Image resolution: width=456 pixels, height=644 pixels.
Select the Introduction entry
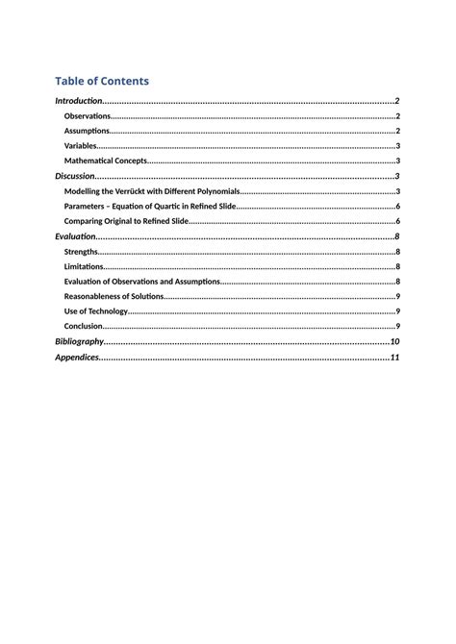point(78,101)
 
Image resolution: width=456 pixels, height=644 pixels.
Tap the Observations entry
point(88,116)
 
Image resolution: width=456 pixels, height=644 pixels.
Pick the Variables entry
point(81,146)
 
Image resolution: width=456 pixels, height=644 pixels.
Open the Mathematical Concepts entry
point(105,161)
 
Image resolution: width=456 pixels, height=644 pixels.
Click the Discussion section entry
point(75,176)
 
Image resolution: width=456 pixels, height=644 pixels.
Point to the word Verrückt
point(139,191)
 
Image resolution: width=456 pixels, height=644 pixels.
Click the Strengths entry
point(81,251)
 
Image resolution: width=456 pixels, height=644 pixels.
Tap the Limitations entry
point(83,266)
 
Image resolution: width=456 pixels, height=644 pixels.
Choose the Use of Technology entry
point(95,311)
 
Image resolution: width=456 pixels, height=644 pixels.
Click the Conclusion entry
point(84,326)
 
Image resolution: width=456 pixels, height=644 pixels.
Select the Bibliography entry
point(79,341)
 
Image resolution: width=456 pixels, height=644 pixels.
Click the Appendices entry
point(77,358)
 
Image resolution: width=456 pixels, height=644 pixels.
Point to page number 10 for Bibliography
point(394,341)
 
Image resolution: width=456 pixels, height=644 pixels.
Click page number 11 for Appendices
point(394,358)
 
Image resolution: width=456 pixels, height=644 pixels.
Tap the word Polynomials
point(213,191)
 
